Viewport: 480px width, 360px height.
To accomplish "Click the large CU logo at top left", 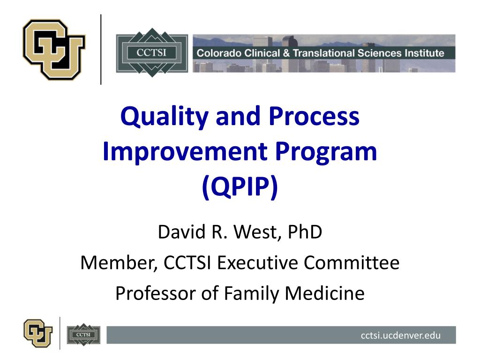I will [53, 49].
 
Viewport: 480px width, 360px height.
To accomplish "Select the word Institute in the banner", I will [422, 53].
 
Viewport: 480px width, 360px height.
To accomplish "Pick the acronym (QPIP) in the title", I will [240, 187].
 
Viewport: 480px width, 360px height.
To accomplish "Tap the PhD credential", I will [306, 232].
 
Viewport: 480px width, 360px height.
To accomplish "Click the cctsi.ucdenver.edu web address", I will [401, 335].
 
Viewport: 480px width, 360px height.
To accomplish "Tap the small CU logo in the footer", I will [38, 332].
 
